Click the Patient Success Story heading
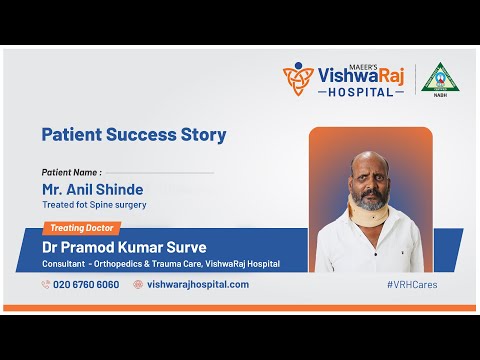tap(133, 134)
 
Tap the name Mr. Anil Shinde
tap(92, 189)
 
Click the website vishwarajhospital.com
tap(197, 284)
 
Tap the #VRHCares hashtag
tap(411, 284)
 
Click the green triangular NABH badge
tap(438, 77)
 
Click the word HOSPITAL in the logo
tap(361, 92)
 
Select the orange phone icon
tap(46, 284)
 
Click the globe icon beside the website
tap(138, 284)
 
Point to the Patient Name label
tap(72, 172)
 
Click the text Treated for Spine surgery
tap(94, 205)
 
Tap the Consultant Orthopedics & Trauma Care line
tap(160, 264)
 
